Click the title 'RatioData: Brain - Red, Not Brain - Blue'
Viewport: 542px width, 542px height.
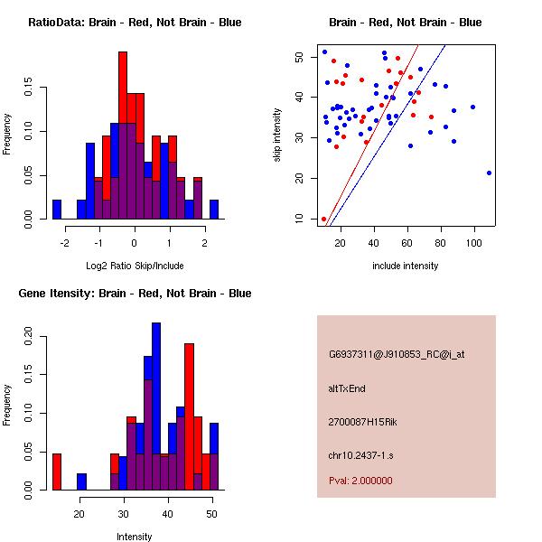coord(134,23)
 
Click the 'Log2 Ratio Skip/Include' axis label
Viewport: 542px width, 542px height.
coord(134,266)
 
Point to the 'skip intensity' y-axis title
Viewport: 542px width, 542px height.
coord(278,135)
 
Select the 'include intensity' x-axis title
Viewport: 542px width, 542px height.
coord(405,266)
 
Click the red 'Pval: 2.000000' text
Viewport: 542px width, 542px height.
coord(360,481)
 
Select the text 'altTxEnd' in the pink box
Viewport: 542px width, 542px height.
coord(348,388)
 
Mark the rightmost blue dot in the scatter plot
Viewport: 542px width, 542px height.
coord(489,173)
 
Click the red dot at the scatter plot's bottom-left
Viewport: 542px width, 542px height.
coord(323,219)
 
